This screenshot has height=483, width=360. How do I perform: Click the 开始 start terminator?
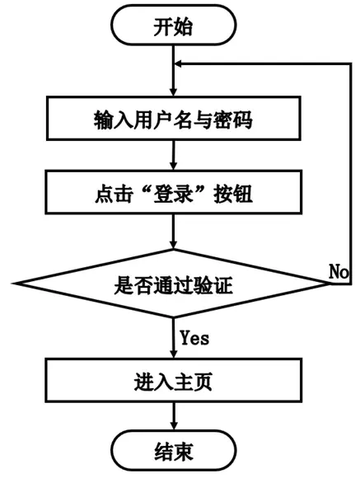[x=174, y=25]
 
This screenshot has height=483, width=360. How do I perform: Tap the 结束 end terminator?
[x=174, y=451]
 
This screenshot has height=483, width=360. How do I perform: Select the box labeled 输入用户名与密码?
[x=173, y=119]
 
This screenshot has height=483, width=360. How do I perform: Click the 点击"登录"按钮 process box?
[x=173, y=192]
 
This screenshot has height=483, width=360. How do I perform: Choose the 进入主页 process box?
[x=173, y=381]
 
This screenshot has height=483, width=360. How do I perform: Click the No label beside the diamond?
[x=339, y=271]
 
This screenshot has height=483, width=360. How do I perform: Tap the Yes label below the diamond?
[x=194, y=338]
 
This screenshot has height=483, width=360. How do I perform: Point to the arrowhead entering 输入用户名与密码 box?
[x=174, y=91]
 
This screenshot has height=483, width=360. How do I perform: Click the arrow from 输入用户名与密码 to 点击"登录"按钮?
[x=174, y=156]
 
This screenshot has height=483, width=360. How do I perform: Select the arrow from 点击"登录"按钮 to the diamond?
[x=174, y=232]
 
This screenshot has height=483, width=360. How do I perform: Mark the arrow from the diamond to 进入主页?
[x=174, y=338]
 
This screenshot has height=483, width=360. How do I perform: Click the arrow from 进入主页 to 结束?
[x=174, y=416]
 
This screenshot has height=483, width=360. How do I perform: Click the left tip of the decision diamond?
[x=13, y=284]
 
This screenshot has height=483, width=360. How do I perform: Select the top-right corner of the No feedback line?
[x=351, y=63]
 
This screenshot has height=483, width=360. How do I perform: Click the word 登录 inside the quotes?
[x=173, y=194]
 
